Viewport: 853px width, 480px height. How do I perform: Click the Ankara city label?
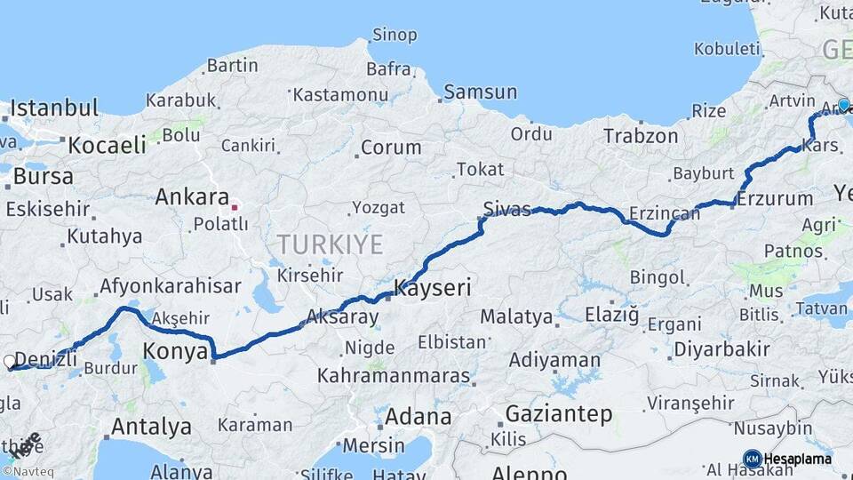(192, 196)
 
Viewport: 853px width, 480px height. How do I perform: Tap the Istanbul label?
(53, 109)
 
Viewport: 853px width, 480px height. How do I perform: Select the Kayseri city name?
(432, 288)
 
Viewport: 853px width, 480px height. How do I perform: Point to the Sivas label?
(506, 209)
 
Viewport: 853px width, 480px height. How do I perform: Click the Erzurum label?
(775, 198)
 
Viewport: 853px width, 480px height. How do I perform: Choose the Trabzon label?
(641, 136)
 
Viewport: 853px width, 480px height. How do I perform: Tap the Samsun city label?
(480, 92)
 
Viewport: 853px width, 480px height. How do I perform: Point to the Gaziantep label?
(558, 414)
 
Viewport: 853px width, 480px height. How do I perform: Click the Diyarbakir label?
(721, 348)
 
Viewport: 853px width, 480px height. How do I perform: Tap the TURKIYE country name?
(330, 244)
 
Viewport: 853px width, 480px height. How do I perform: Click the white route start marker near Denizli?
(10, 362)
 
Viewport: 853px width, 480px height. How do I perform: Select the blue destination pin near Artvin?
(843, 105)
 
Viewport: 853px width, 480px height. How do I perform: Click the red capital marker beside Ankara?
(235, 207)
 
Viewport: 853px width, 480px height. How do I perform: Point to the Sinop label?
(395, 36)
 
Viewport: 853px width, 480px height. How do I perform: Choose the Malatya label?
(516, 316)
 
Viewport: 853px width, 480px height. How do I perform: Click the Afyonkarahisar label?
(171, 286)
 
